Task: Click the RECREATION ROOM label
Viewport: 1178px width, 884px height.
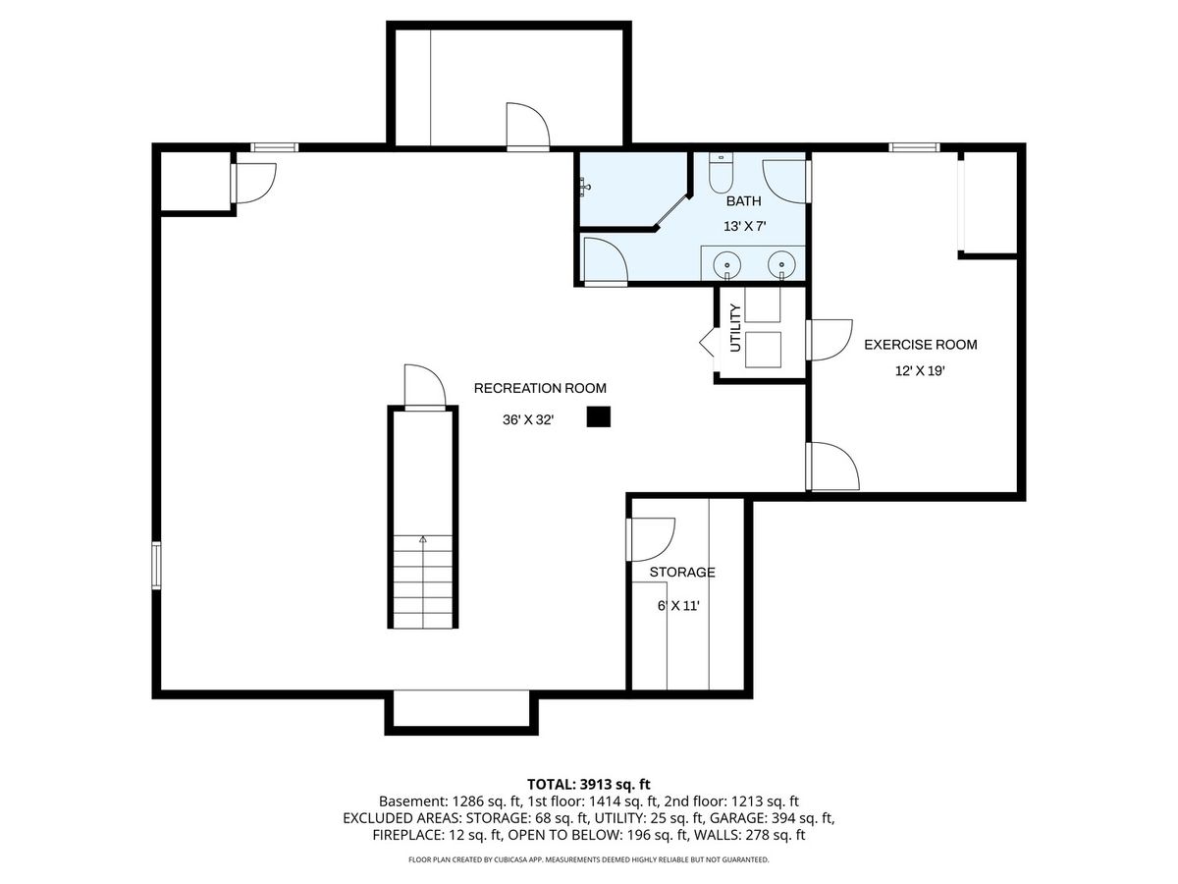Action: click(x=540, y=388)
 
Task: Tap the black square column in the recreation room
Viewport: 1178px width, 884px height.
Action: click(x=599, y=416)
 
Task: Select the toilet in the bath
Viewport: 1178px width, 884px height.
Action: click(x=721, y=172)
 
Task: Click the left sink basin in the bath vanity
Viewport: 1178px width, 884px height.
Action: click(x=726, y=265)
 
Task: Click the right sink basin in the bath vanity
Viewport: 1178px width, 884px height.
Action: click(x=781, y=265)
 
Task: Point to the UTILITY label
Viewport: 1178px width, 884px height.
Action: click(x=735, y=328)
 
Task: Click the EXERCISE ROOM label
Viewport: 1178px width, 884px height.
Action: click(x=921, y=345)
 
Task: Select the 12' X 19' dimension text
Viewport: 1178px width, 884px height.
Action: click(x=920, y=370)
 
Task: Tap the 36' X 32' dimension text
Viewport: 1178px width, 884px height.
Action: click(x=528, y=419)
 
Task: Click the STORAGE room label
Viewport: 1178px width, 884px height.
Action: click(x=682, y=573)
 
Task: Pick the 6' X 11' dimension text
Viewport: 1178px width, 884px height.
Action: click(x=679, y=606)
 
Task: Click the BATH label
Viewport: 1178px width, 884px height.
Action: click(x=743, y=201)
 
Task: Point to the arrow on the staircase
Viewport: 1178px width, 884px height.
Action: click(x=423, y=539)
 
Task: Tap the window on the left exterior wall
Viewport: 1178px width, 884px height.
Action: click(x=156, y=566)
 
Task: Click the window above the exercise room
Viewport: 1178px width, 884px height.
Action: click(x=915, y=147)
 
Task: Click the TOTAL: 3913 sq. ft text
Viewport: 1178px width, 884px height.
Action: click(x=589, y=785)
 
